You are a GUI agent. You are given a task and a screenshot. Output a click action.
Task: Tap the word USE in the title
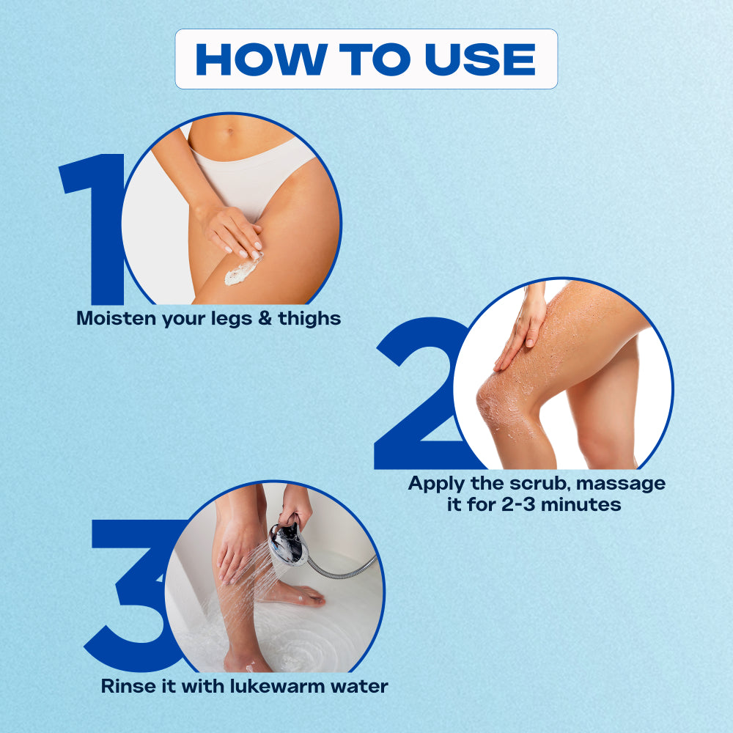click(480, 59)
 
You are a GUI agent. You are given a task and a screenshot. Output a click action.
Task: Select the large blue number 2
click(421, 393)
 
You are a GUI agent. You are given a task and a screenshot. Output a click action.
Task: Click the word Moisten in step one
click(117, 318)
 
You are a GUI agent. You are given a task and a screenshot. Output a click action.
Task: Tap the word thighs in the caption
click(309, 320)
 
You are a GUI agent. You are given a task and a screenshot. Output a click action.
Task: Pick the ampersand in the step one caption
click(265, 319)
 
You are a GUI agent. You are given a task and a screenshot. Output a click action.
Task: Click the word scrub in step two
click(540, 483)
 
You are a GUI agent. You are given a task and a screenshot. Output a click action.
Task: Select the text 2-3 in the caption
click(518, 504)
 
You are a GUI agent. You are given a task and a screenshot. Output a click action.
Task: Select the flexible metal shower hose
click(344, 568)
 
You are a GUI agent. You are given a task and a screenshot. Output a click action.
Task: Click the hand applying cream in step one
click(232, 232)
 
